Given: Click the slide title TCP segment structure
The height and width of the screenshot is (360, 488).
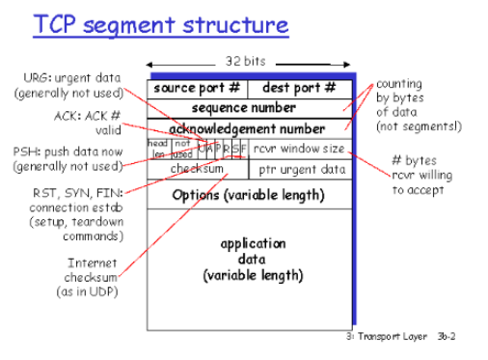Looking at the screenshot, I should pos(160,24).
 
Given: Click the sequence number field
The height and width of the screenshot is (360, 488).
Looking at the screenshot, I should pos(248,108).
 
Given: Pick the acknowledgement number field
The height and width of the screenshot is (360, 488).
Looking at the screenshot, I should pos(248,128).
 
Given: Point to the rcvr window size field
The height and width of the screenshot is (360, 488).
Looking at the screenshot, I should pos(300,149).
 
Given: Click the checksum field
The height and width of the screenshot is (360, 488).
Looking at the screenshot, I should pos(198,169).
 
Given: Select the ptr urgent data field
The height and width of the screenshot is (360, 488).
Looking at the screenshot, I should pos(300,170).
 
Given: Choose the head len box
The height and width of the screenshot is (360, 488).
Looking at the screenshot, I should pos(159,149).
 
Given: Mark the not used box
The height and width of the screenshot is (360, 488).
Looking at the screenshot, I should pos(183,149).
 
